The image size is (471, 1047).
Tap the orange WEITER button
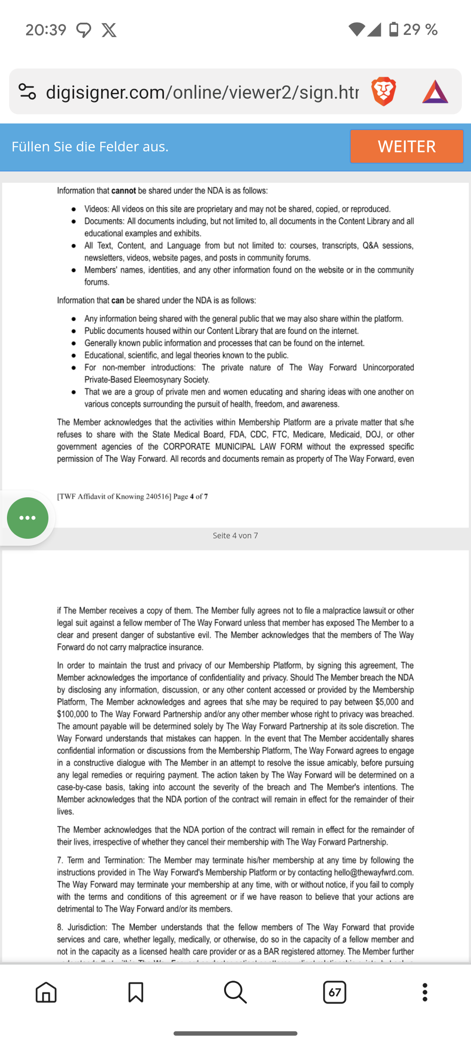point(406,146)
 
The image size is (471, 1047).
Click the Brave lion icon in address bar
point(383,92)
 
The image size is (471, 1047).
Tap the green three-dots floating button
point(27,518)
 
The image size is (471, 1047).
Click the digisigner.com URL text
point(202,92)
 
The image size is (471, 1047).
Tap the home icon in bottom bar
point(46,992)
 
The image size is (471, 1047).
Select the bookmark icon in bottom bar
point(136,992)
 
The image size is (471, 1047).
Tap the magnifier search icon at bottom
point(235,992)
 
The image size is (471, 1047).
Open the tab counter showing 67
point(334,992)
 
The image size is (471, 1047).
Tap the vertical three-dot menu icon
point(425,992)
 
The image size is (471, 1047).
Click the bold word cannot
point(123,191)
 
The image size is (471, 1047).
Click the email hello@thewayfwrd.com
point(373,872)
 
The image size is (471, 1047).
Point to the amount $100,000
point(72,714)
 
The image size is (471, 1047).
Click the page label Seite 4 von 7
point(235,535)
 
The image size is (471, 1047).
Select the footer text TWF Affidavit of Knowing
point(114,496)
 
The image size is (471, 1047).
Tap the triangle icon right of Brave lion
point(435,92)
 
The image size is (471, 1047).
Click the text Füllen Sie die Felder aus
point(90,147)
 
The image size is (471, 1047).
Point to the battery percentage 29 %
point(420,30)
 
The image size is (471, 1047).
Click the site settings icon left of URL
point(27,92)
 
